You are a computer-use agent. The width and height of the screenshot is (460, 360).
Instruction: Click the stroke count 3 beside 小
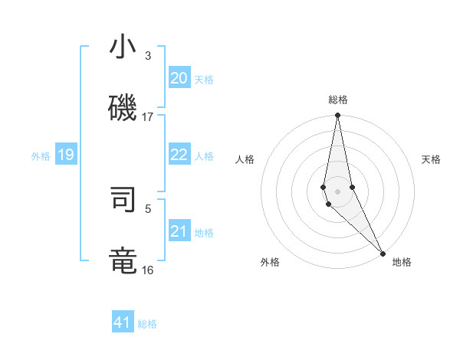click(x=148, y=56)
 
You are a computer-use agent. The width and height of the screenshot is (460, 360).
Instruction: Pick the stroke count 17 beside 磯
click(x=148, y=117)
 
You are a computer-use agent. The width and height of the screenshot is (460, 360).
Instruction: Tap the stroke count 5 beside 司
click(x=148, y=208)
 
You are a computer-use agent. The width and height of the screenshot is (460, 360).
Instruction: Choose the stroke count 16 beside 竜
click(x=148, y=270)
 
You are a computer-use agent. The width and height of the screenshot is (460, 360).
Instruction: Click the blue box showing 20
click(x=179, y=78)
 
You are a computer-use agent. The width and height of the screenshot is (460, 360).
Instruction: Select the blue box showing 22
click(x=179, y=155)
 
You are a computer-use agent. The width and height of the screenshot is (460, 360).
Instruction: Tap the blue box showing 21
click(x=179, y=231)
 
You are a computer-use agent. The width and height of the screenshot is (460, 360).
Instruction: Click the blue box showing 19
click(x=66, y=155)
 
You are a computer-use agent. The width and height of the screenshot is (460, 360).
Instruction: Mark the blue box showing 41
click(x=123, y=322)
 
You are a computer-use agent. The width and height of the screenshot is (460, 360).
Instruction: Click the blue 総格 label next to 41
click(x=147, y=324)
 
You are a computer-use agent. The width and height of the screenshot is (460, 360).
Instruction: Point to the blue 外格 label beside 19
click(x=41, y=156)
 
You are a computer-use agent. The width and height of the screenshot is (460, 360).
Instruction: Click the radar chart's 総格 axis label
click(x=338, y=100)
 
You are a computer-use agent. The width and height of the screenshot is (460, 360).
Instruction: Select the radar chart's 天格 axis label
click(x=431, y=159)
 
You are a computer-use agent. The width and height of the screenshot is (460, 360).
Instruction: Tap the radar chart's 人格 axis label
click(x=245, y=159)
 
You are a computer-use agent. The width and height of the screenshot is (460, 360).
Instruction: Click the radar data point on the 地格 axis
click(x=383, y=254)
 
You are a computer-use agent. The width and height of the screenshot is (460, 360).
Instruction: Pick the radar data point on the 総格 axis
click(x=337, y=116)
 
